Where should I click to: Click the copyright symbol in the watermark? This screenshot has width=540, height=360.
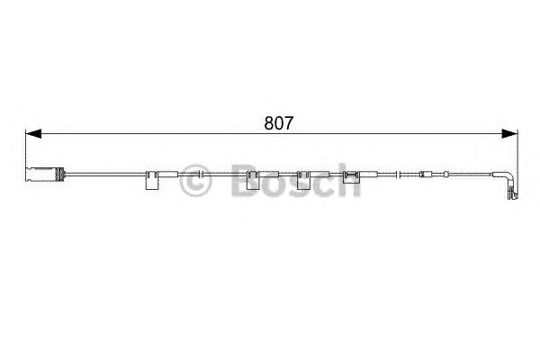[x=195, y=182]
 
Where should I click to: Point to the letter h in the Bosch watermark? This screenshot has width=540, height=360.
[x=349, y=182]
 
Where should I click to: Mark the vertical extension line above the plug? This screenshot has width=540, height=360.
[x=27, y=148]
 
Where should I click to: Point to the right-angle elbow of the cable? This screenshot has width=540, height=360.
[x=512, y=174]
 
